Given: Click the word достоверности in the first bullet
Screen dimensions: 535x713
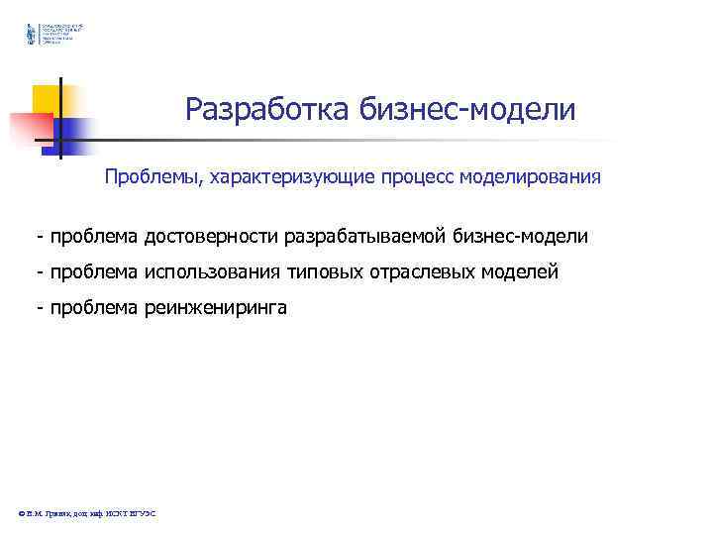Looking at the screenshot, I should coord(210,238).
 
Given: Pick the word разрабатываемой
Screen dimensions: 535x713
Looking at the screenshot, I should coord(367,238).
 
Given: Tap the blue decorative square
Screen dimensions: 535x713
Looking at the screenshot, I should coord(73,131).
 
